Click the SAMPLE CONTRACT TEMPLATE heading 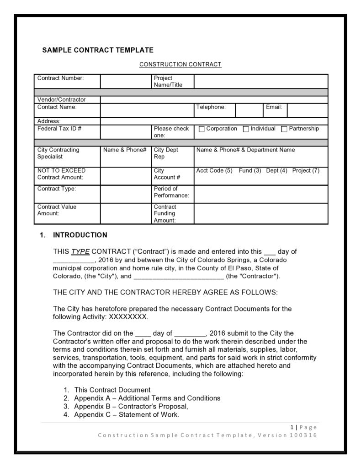98,50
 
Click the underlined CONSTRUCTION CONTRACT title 180,65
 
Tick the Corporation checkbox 202,129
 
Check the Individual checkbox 246,129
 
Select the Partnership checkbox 284,129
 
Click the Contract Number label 60,78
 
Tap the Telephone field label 211,107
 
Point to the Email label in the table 274,107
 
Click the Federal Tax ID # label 59,129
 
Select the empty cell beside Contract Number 126,82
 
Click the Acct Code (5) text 214,171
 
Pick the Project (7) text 306,171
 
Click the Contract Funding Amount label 165,213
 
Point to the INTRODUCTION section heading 80,235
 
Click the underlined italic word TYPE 80,252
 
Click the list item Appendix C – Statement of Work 126,415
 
